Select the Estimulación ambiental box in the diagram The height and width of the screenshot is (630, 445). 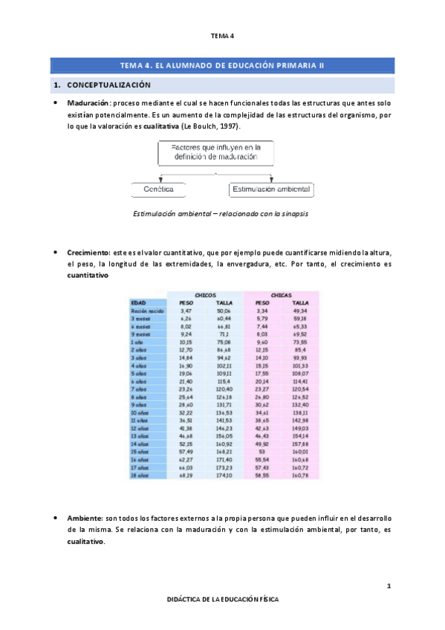[x=271, y=189]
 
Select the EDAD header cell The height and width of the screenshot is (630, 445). [x=138, y=302]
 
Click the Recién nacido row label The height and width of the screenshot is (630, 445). [x=146, y=311]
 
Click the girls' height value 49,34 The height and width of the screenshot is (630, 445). [x=300, y=311]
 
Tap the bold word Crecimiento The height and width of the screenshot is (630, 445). [x=88, y=253]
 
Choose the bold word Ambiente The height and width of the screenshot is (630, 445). [x=85, y=516]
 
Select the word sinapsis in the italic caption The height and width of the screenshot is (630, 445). [x=294, y=213]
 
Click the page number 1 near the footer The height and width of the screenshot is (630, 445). [x=389, y=587]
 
